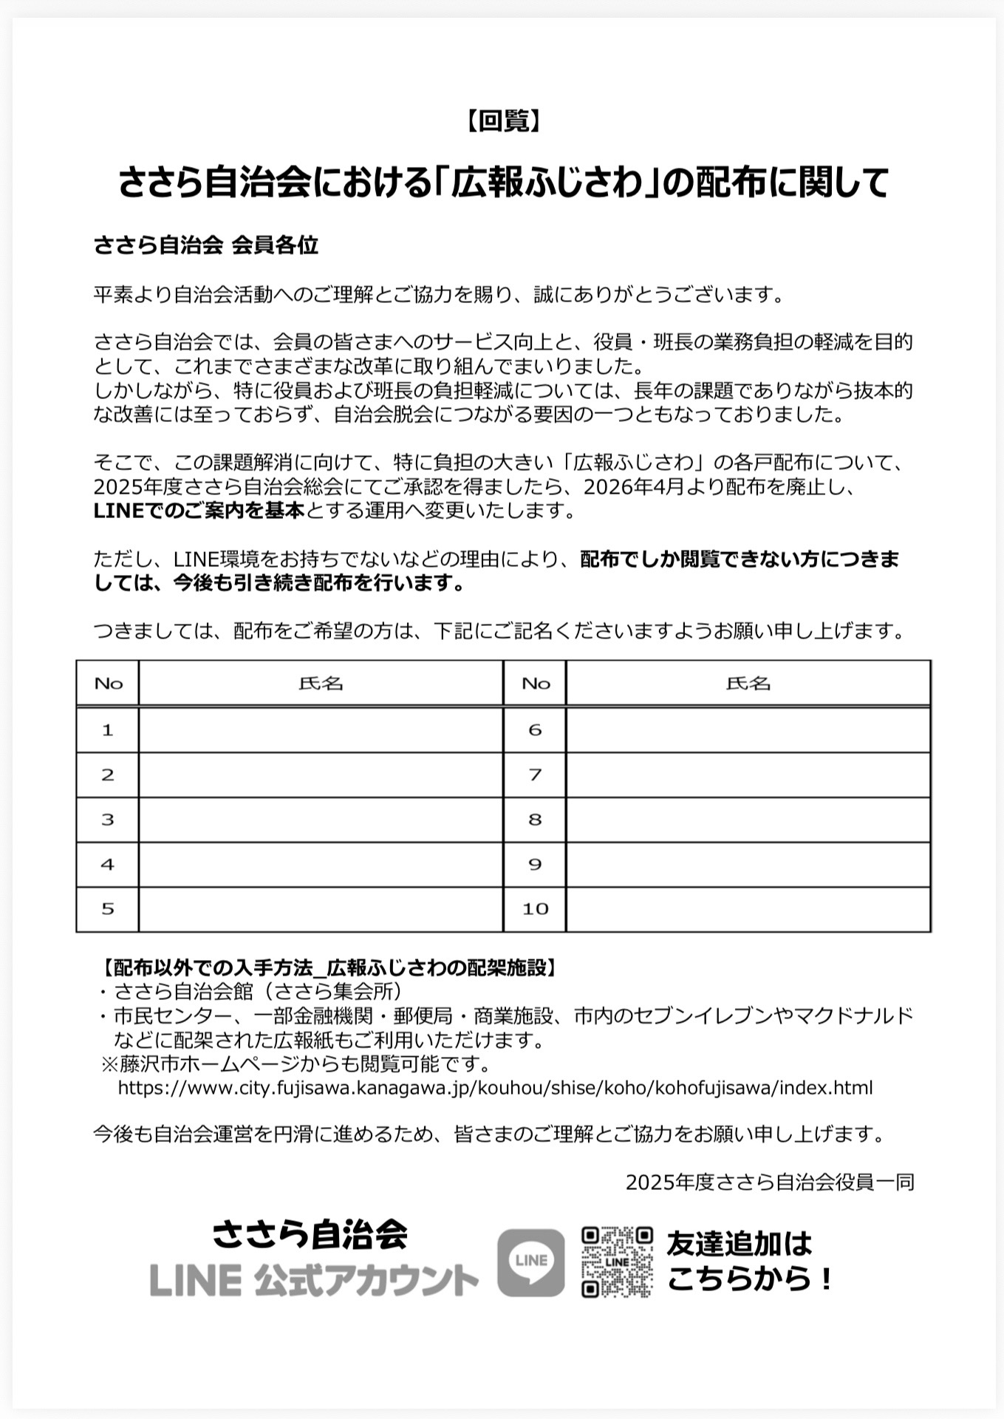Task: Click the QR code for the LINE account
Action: (x=617, y=1261)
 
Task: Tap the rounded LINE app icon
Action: (x=531, y=1262)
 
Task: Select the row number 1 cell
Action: (x=108, y=730)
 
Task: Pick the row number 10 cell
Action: (x=535, y=909)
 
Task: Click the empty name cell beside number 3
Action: (x=321, y=820)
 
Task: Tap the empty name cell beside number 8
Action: (x=748, y=820)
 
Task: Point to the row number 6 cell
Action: (x=535, y=730)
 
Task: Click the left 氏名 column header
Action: (x=321, y=684)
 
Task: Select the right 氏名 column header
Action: (x=748, y=684)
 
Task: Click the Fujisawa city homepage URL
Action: (x=495, y=1088)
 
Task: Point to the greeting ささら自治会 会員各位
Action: (x=206, y=245)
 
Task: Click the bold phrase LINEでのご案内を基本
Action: (x=199, y=511)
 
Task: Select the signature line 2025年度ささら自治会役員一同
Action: (x=770, y=1182)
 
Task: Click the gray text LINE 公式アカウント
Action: (x=315, y=1280)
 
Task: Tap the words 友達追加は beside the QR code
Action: (x=739, y=1243)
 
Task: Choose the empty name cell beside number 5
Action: (x=321, y=909)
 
